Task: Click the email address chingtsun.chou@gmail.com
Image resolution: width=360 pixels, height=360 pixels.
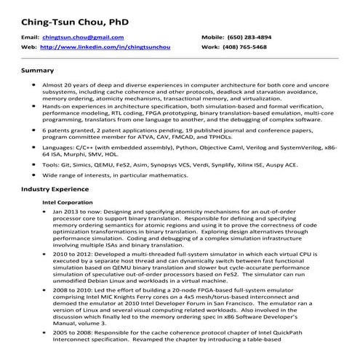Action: click(x=83, y=36)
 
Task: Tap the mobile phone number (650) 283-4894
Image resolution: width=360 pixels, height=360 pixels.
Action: click(x=260, y=36)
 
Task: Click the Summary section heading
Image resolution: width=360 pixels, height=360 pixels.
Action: click(x=38, y=71)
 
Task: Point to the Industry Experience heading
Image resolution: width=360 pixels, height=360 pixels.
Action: click(x=55, y=188)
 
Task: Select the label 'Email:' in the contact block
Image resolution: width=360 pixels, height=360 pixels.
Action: click(x=30, y=36)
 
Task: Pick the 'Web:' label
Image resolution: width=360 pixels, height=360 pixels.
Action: click(x=28, y=46)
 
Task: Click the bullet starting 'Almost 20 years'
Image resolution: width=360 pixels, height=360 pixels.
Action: click(x=34, y=85)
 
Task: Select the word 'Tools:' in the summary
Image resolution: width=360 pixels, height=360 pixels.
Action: click(x=52, y=165)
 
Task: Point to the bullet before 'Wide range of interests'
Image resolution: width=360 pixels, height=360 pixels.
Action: click(x=34, y=175)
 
